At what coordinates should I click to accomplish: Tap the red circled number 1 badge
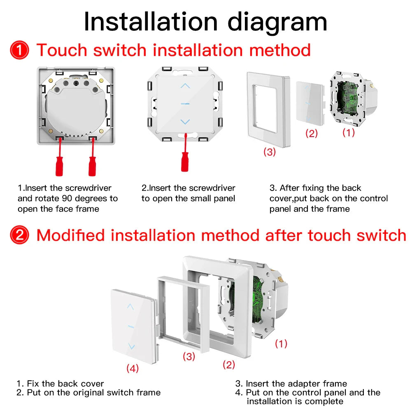(19, 51)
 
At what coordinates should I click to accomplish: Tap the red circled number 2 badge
(19, 236)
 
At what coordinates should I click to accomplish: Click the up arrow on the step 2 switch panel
(186, 86)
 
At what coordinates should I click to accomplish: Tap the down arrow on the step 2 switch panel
(186, 121)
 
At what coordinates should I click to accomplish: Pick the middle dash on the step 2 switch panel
(186, 104)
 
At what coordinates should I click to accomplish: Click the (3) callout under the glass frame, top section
(269, 152)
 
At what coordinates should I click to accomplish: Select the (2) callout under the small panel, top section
(311, 133)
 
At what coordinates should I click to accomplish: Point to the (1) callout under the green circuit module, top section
(348, 133)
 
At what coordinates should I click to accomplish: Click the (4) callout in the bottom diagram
(132, 368)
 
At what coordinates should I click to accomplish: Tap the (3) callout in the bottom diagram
(189, 356)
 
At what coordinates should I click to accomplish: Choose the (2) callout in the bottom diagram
(229, 364)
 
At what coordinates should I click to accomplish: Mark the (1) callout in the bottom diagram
(281, 343)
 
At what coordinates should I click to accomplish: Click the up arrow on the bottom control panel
(130, 307)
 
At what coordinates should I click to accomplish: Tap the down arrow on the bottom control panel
(131, 346)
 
